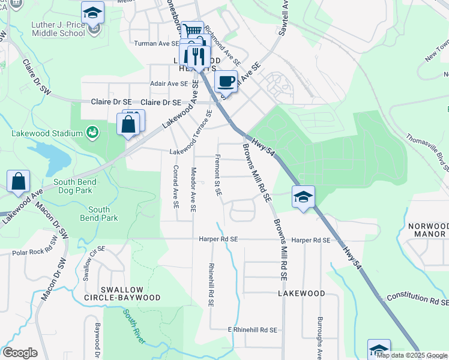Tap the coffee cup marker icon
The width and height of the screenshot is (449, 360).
pyautogui.click(x=226, y=81)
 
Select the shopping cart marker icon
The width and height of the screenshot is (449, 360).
pyautogui.click(x=192, y=31)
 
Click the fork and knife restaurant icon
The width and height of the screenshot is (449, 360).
pyautogui.click(x=197, y=57)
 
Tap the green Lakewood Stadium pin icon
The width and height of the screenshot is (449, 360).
pyautogui.click(x=92, y=132)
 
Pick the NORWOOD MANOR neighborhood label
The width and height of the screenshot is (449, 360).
pyautogui.click(x=427, y=230)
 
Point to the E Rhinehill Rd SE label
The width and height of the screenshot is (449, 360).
pyautogui.click(x=252, y=330)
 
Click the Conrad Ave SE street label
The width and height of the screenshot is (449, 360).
pyautogui.click(x=176, y=186)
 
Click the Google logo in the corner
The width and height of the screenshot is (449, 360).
pyautogui.click(x=20, y=353)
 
